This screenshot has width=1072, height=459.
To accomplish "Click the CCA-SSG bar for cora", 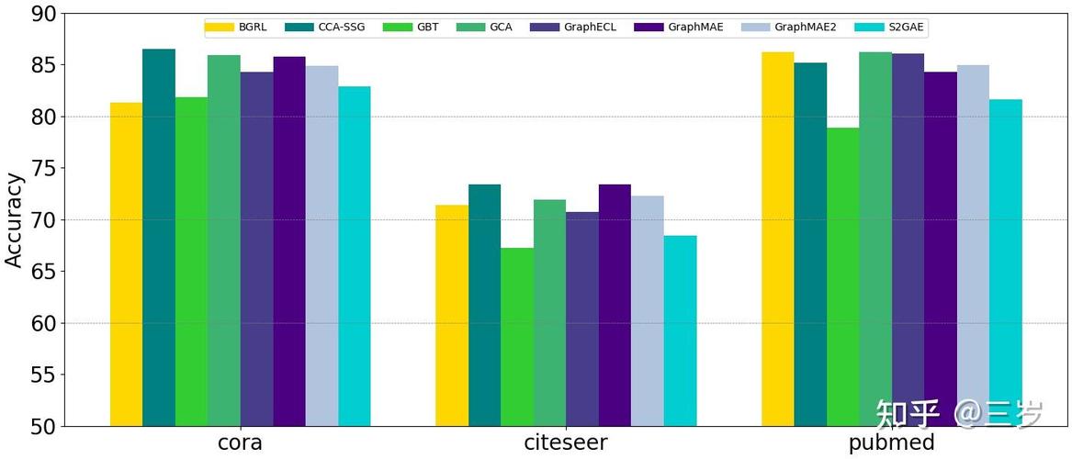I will coord(159,238).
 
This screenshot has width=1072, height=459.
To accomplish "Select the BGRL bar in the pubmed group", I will coord(778,239).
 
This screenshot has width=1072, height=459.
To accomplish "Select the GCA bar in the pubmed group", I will coord(875,239).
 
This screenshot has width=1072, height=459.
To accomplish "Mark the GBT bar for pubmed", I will coord(843,276).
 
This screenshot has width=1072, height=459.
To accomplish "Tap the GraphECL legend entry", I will coord(588,28).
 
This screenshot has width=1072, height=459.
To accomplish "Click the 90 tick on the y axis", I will coord(43,14).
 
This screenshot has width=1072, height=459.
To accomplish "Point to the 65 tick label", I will coord(43,272).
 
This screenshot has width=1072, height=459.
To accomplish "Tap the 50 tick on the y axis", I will coord(43,427).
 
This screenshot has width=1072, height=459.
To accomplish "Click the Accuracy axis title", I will coord(14,220).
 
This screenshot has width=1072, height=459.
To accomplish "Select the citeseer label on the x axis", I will coord(566,443).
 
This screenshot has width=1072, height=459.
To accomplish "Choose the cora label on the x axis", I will coord(240,443).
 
